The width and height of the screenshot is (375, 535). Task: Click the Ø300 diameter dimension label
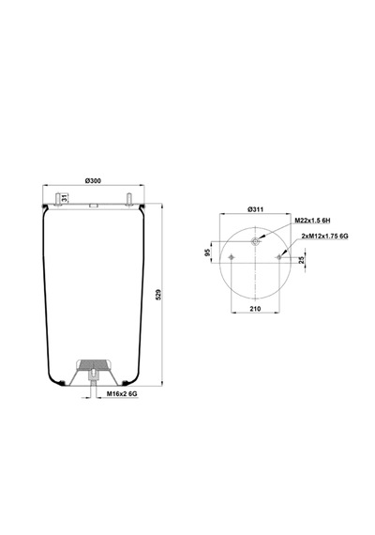(93, 180)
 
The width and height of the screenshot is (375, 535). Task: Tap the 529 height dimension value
(157, 295)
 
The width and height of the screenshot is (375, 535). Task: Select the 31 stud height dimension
(64, 197)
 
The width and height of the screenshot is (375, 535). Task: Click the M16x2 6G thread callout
(122, 394)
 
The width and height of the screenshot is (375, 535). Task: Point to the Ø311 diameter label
(255, 209)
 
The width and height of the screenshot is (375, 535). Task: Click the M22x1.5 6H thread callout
(312, 221)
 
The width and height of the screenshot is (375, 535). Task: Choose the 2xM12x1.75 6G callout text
(325, 236)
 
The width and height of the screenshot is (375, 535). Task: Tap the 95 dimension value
(207, 252)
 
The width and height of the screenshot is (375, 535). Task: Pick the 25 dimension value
(301, 260)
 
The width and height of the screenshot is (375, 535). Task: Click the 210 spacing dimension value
(255, 309)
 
